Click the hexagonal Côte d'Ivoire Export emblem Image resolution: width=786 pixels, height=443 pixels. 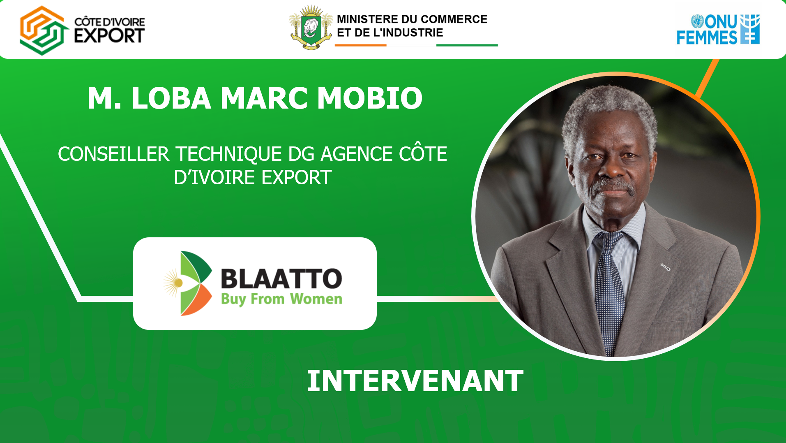click(44, 30)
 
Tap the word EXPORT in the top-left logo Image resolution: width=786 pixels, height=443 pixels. click(109, 36)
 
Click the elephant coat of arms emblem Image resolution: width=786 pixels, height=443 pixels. click(311, 27)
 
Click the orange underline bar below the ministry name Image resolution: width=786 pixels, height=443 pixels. click(360, 45)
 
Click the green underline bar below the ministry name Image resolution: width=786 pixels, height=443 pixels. click(467, 45)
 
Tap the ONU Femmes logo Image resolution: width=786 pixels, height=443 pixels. click(718, 29)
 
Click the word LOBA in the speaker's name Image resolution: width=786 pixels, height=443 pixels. click(171, 98)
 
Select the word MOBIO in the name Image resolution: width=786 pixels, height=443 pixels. click(370, 98)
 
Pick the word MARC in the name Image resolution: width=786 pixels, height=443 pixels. click(264, 98)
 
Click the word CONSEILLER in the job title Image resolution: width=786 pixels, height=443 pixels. click(113, 154)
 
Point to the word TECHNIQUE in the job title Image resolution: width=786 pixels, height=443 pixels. click(229, 155)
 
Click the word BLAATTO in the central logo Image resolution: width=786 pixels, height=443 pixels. click(281, 278)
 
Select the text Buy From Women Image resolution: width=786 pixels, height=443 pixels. click(281, 299)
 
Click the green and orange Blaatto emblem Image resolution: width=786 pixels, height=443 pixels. click(188, 283)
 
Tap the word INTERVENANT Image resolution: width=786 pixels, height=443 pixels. click(415, 381)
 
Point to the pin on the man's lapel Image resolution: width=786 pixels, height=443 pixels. click(666, 267)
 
